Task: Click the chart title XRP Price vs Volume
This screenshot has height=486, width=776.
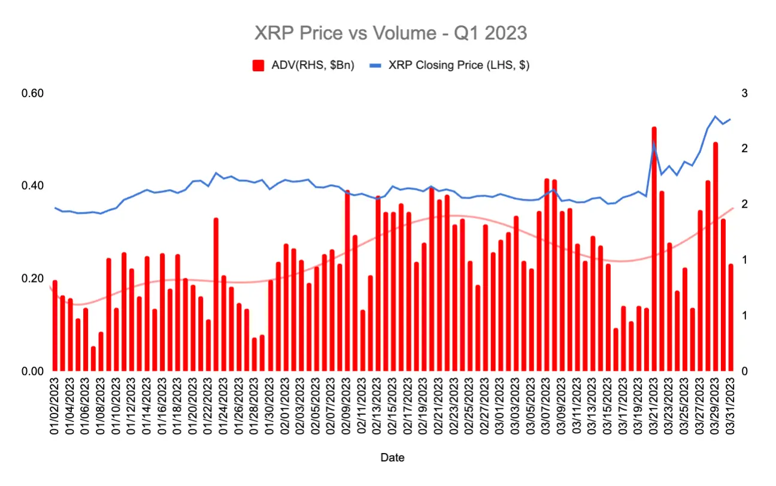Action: point(390,34)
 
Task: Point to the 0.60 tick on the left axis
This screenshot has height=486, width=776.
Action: point(33,93)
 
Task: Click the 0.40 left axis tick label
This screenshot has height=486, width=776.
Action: point(33,186)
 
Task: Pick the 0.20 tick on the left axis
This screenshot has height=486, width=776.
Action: point(33,278)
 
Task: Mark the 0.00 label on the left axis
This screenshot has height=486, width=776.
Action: point(33,371)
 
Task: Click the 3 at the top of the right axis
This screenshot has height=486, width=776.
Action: point(744,93)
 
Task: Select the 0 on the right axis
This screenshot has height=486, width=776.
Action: point(744,371)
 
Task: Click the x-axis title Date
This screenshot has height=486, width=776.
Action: point(392,458)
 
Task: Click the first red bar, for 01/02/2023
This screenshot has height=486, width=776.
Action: point(55,326)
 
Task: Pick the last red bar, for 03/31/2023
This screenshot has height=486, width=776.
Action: point(730,317)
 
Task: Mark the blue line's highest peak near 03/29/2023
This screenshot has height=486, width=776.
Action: point(715,117)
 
